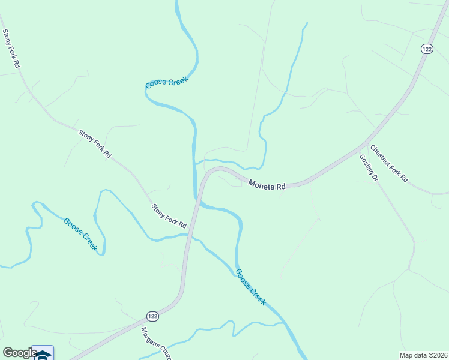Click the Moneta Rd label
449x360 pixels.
[x=267, y=186]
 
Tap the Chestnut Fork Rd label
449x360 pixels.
[x=388, y=163]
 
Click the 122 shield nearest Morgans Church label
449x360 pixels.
[x=152, y=316]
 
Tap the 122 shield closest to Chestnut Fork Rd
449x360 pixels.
[x=426, y=50]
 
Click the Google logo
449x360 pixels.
[x=20, y=353]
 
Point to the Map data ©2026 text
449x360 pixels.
[x=423, y=355]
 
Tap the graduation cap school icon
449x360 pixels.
[x=43, y=354]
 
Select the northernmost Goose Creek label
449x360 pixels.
[x=167, y=83]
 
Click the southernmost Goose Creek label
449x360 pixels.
[x=250, y=287]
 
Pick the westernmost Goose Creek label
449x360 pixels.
[x=80, y=234]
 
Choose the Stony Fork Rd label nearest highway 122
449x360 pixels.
[x=169, y=217]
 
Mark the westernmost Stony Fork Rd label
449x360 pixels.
[x=11, y=48]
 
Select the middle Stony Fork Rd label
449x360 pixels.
[x=95, y=144]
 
